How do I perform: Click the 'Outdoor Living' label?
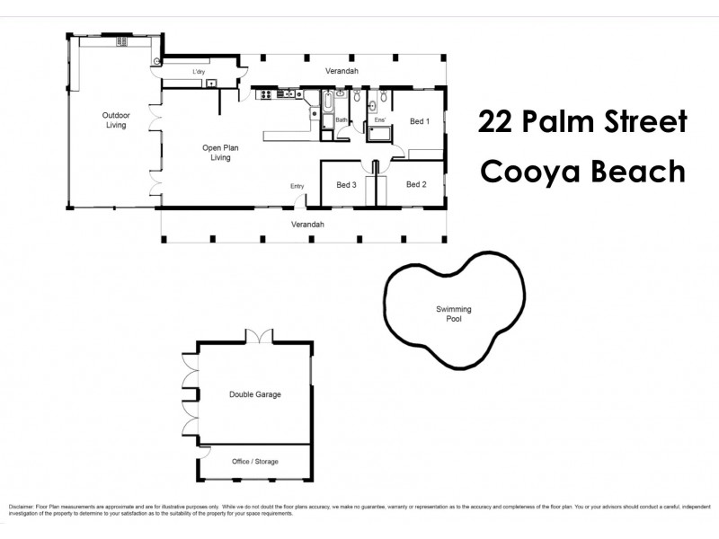pos(115,120)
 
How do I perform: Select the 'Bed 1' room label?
pos(420,120)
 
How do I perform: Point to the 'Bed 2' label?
pos(415,185)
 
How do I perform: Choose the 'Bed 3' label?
pos(346,185)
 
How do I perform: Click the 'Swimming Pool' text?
pos(453,314)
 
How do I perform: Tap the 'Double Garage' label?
pos(255,394)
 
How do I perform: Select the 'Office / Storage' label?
pos(255,462)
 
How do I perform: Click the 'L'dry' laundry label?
pos(200,72)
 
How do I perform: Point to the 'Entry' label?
pos(297,186)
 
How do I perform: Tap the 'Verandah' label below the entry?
pos(307,224)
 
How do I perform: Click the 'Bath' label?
pos(342,119)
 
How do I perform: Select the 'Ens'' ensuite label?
pos(379,119)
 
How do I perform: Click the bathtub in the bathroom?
pos(328,108)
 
